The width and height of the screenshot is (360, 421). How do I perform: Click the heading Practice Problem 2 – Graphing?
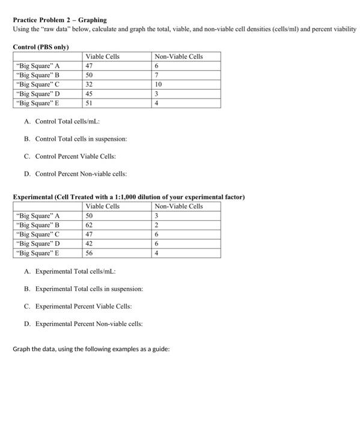[60, 20]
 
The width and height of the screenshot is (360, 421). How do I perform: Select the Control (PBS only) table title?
[41, 47]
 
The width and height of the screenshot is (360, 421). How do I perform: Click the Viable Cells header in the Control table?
[103, 57]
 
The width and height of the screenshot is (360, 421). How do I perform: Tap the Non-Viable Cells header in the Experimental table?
[178, 206]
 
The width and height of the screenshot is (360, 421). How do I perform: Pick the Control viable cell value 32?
[90, 85]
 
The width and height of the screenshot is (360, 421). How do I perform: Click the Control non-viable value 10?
[158, 85]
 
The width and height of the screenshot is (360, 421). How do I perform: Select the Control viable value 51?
[90, 103]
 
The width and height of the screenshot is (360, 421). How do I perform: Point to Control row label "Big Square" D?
[38, 94]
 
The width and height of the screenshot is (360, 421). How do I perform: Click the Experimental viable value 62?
[90, 225]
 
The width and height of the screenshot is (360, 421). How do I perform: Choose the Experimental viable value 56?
[90, 253]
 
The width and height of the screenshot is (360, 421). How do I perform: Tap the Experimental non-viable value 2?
[156, 225]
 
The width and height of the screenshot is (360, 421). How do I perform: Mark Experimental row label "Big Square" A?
[38, 215]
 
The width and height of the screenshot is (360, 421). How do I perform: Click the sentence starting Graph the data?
[91, 349]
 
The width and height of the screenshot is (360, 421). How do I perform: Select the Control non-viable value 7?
[156, 75]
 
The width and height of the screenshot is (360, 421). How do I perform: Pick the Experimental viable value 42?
[90, 244]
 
